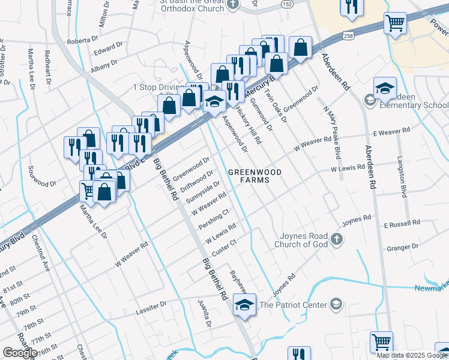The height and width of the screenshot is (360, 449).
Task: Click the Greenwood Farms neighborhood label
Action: pos(255,176)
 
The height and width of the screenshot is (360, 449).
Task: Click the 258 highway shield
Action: pos(348,36)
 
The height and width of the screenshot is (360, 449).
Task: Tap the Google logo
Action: pos(20,353)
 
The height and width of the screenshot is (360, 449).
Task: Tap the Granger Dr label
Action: pos(402,247)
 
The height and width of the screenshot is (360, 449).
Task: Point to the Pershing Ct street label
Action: pos(214,220)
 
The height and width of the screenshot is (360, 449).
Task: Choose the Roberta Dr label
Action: pos(82,40)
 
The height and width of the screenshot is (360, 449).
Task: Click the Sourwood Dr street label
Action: pos(42,184)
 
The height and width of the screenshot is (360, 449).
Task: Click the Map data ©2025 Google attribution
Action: pos(412,355)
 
